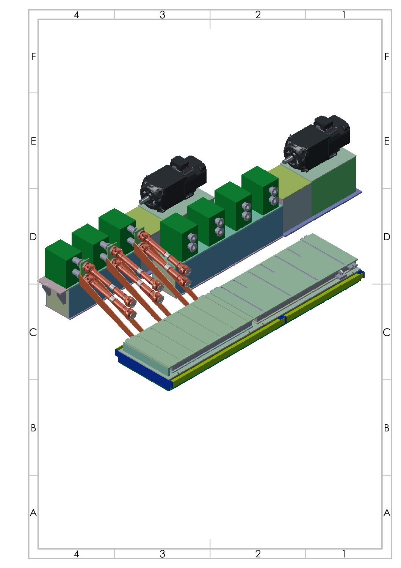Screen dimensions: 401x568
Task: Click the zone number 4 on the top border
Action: click(76, 15)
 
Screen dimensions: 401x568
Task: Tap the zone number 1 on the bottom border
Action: click(344, 554)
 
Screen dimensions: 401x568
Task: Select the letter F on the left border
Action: click(33, 56)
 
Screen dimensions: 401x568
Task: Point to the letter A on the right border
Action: click(387, 513)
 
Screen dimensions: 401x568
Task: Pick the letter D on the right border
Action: click(387, 237)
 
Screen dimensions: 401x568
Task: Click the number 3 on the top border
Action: click(162, 15)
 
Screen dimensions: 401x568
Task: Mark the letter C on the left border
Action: click(33, 332)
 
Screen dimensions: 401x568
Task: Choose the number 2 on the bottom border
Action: click(258, 554)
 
